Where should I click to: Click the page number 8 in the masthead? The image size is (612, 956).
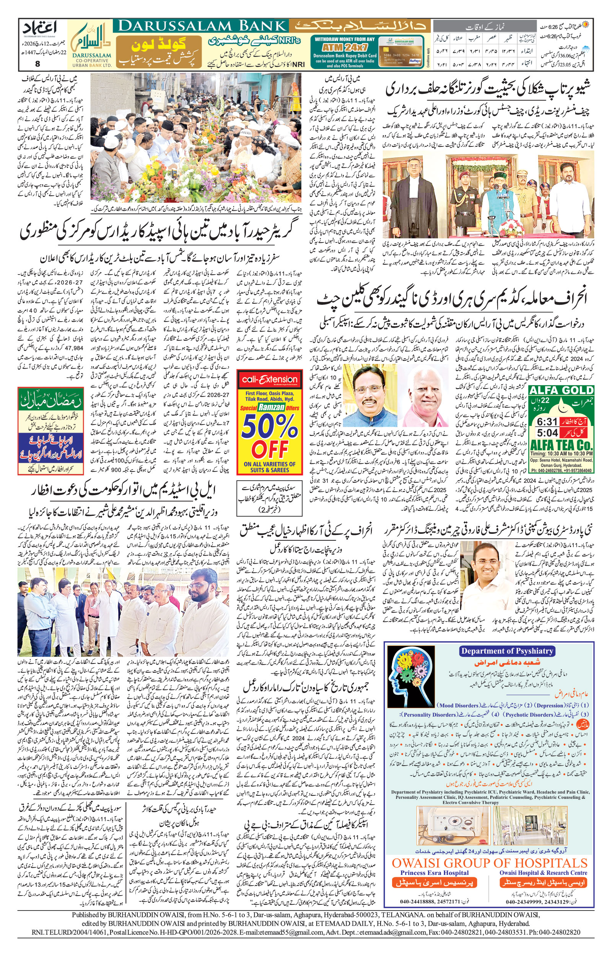(x=38, y=64)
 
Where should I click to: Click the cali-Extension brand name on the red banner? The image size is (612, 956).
(x=269, y=379)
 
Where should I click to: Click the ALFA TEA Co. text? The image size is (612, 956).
(x=561, y=444)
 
